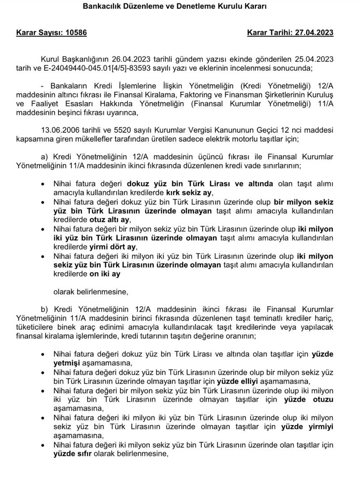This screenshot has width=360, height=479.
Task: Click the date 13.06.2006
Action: coord(58,130)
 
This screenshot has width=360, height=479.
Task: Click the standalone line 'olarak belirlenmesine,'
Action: coord(91,292)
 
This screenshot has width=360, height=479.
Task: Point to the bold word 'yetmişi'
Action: coord(67,363)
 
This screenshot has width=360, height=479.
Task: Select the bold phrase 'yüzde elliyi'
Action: coord(237,381)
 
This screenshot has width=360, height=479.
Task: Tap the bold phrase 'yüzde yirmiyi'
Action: coord(308,427)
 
